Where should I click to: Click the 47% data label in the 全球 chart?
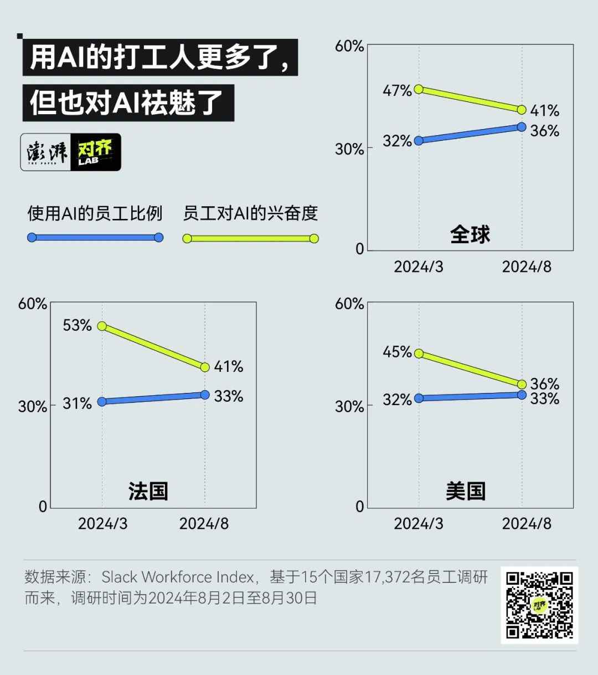(397, 90)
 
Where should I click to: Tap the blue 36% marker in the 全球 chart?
(522, 127)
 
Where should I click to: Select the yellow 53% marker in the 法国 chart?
(102, 326)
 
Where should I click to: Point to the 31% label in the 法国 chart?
(77, 403)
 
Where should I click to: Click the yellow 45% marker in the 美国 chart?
(419, 354)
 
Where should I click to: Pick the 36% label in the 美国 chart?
(544, 383)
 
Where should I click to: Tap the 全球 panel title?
(470, 234)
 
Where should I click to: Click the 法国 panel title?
(148, 491)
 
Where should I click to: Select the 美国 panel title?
(466, 491)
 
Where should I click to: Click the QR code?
(539, 605)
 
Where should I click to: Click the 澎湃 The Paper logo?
(47, 152)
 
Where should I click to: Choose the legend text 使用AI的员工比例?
(95, 213)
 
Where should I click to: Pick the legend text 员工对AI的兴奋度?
(250, 213)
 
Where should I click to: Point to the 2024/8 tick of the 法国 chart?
(204, 524)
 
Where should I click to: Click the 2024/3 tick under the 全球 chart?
(419, 267)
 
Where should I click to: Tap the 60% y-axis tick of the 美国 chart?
(349, 304)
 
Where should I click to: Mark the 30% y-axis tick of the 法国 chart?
(32, 406)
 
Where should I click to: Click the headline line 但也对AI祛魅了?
(127, 103)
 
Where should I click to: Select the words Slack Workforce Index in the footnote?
(178, 577)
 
